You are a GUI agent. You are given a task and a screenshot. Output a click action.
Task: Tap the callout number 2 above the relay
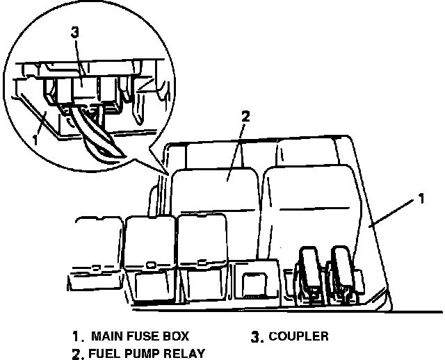click(244, 116)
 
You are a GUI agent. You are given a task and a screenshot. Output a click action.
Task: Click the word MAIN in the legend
click(109, 336)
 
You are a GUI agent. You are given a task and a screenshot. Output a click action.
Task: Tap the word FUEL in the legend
click(104, 352)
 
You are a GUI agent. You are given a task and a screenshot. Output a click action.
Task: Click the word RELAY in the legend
click(183, 352)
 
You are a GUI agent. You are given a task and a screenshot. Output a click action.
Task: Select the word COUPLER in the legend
click(298, 336)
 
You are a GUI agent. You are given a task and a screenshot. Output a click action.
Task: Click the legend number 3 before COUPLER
click(256, 337)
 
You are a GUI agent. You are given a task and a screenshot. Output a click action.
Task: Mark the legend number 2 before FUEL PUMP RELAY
click(76, 353)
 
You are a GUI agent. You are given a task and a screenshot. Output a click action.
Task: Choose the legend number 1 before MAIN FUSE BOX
click(76, 337)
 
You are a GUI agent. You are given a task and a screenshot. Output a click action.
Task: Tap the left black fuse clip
click(307, 274)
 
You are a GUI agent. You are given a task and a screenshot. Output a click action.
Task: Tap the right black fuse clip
click(343, 272)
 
